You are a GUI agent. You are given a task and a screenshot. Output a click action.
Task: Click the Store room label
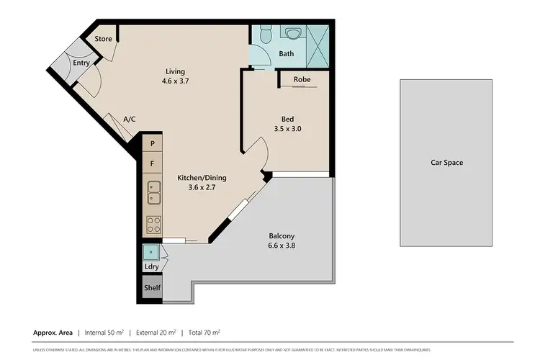coord(103,39)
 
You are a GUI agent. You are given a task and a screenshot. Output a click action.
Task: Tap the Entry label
coord(81,63)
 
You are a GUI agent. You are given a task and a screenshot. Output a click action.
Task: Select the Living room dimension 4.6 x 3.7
coord(175,82)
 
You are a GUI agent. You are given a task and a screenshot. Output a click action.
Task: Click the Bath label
coord(286,54)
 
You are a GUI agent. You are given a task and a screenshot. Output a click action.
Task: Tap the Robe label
coord(302,80)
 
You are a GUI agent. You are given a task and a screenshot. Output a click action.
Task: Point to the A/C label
coord(130,120)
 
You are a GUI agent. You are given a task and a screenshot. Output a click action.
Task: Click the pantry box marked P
coord(152,144)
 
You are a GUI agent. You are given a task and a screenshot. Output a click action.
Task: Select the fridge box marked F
coord(152,164)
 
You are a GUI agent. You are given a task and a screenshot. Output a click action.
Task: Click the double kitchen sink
coord(153,192)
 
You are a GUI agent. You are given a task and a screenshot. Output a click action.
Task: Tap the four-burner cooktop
coord(153,225)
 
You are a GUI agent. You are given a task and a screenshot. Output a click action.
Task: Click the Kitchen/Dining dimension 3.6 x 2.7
coord(197,187)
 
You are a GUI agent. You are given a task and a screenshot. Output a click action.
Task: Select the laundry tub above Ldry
coord(151,252)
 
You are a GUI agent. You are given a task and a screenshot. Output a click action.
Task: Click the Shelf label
coord(152,288)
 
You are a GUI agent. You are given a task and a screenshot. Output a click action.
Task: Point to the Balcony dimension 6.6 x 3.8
coord(282,246)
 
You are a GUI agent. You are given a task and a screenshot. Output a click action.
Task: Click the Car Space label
coord(446,163)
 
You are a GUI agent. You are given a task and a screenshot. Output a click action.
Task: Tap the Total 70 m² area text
coord(204,333)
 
